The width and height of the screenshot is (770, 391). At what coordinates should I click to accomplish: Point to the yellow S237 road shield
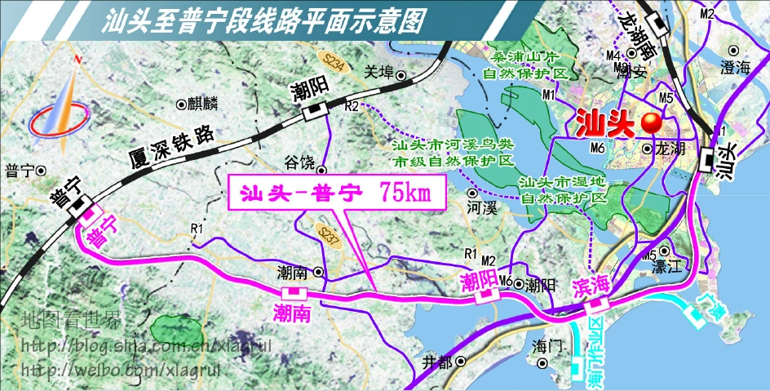coord(327,236)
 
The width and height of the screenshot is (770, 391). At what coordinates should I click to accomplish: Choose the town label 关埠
coord(380,70)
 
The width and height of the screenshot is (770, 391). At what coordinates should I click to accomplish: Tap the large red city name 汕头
coord(606,122)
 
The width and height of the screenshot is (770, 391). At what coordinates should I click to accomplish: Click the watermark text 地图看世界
coord(71,319)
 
